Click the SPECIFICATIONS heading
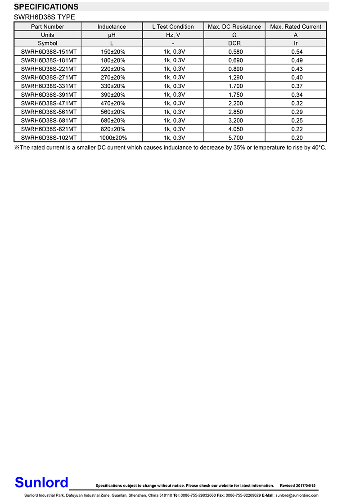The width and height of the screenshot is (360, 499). (46, 7)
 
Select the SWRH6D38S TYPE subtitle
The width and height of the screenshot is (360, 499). (45, 17)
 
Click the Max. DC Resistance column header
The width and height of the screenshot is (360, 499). (234, 27)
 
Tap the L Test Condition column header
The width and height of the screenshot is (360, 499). (173, 27)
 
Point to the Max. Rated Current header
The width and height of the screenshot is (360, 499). (296, 27)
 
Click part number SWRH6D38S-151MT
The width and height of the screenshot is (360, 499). (49, 52)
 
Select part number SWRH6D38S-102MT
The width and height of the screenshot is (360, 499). (49, 138)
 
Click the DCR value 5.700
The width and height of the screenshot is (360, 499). (234, 138)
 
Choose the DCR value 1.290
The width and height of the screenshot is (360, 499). (234, 77)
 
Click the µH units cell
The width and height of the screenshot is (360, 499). (112, 35)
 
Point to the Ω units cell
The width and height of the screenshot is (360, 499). (234, 35)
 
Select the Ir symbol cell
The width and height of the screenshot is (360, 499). (296, 43)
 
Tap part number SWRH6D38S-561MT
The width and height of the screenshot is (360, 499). (49, 112)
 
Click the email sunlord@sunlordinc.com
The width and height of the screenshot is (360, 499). (297, 495)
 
